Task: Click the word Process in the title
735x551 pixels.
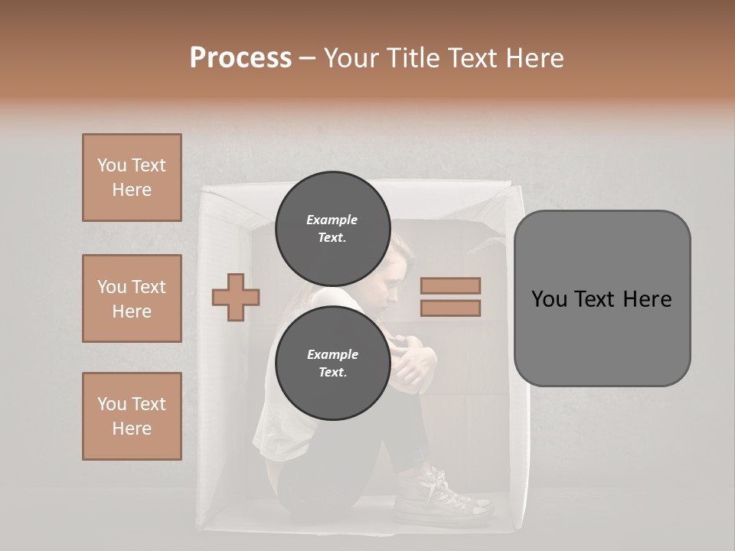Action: pos(240,58)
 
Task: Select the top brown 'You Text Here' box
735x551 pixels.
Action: pos(132,178)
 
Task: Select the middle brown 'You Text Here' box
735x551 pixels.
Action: pos(132,298)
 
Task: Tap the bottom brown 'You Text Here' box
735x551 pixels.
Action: pos(132,416)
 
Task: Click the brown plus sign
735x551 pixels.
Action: pos(236,297)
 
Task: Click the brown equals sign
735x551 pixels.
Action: pos(450,297)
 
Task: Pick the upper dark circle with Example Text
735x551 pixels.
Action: pos(332,229)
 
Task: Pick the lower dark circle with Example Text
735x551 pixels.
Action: pos(332,364)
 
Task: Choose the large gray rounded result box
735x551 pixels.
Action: pos(602,298)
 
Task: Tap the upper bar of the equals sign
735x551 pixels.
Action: pos(450,286)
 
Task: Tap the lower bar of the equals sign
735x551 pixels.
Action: pos(450,308)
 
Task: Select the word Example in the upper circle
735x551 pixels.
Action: pos(332,220)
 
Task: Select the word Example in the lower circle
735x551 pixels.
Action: pos(332,354)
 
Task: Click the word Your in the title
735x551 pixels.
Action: pos(351,58)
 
